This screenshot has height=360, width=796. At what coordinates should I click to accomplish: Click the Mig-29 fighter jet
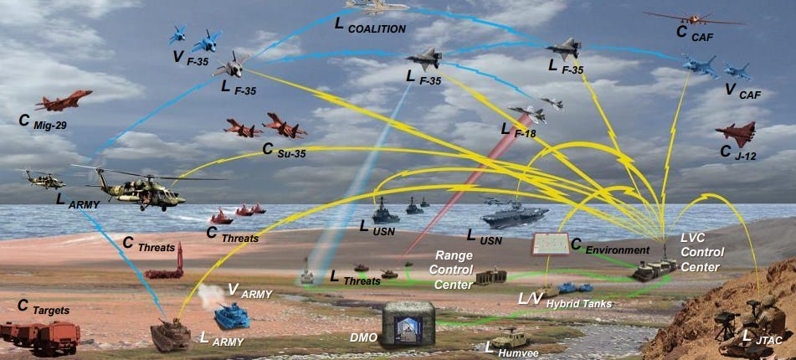64,101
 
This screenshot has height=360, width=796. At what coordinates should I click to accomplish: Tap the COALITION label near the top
371,28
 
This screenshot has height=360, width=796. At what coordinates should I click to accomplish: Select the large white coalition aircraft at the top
376,7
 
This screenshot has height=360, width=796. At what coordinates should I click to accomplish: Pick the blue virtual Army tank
232,317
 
